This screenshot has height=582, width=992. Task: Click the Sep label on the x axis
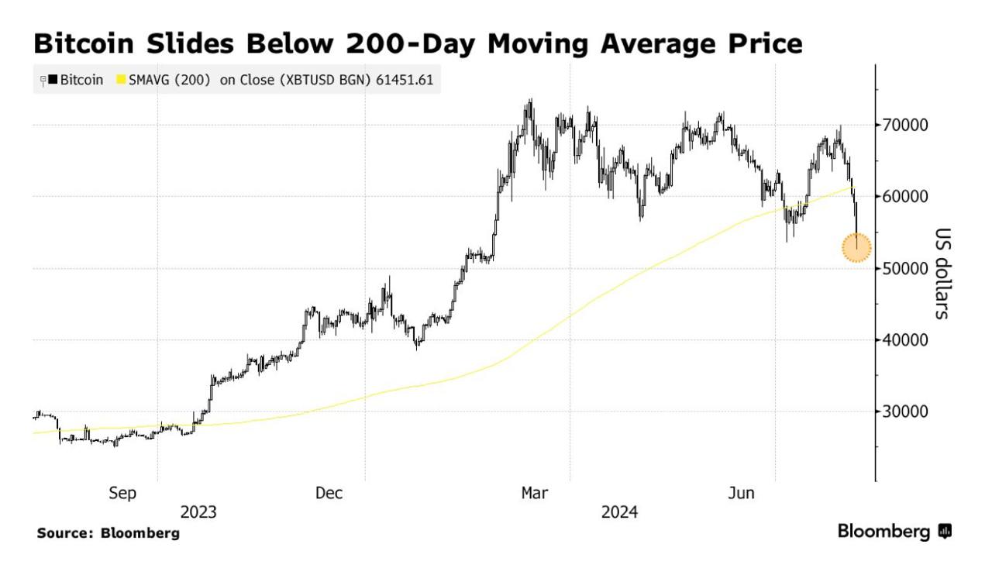122,493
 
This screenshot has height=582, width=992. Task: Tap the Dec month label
329,493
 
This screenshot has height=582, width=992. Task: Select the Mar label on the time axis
536,493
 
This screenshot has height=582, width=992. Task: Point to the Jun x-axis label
742,493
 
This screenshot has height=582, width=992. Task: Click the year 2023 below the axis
198,512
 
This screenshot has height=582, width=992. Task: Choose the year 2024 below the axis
620,512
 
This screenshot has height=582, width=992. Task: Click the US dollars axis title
942,274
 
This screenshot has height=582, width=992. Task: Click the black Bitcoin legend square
53,80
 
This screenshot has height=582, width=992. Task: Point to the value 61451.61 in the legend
404,80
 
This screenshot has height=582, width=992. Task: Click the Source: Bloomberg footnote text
108,533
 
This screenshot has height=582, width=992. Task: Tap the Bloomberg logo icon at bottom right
945,532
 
